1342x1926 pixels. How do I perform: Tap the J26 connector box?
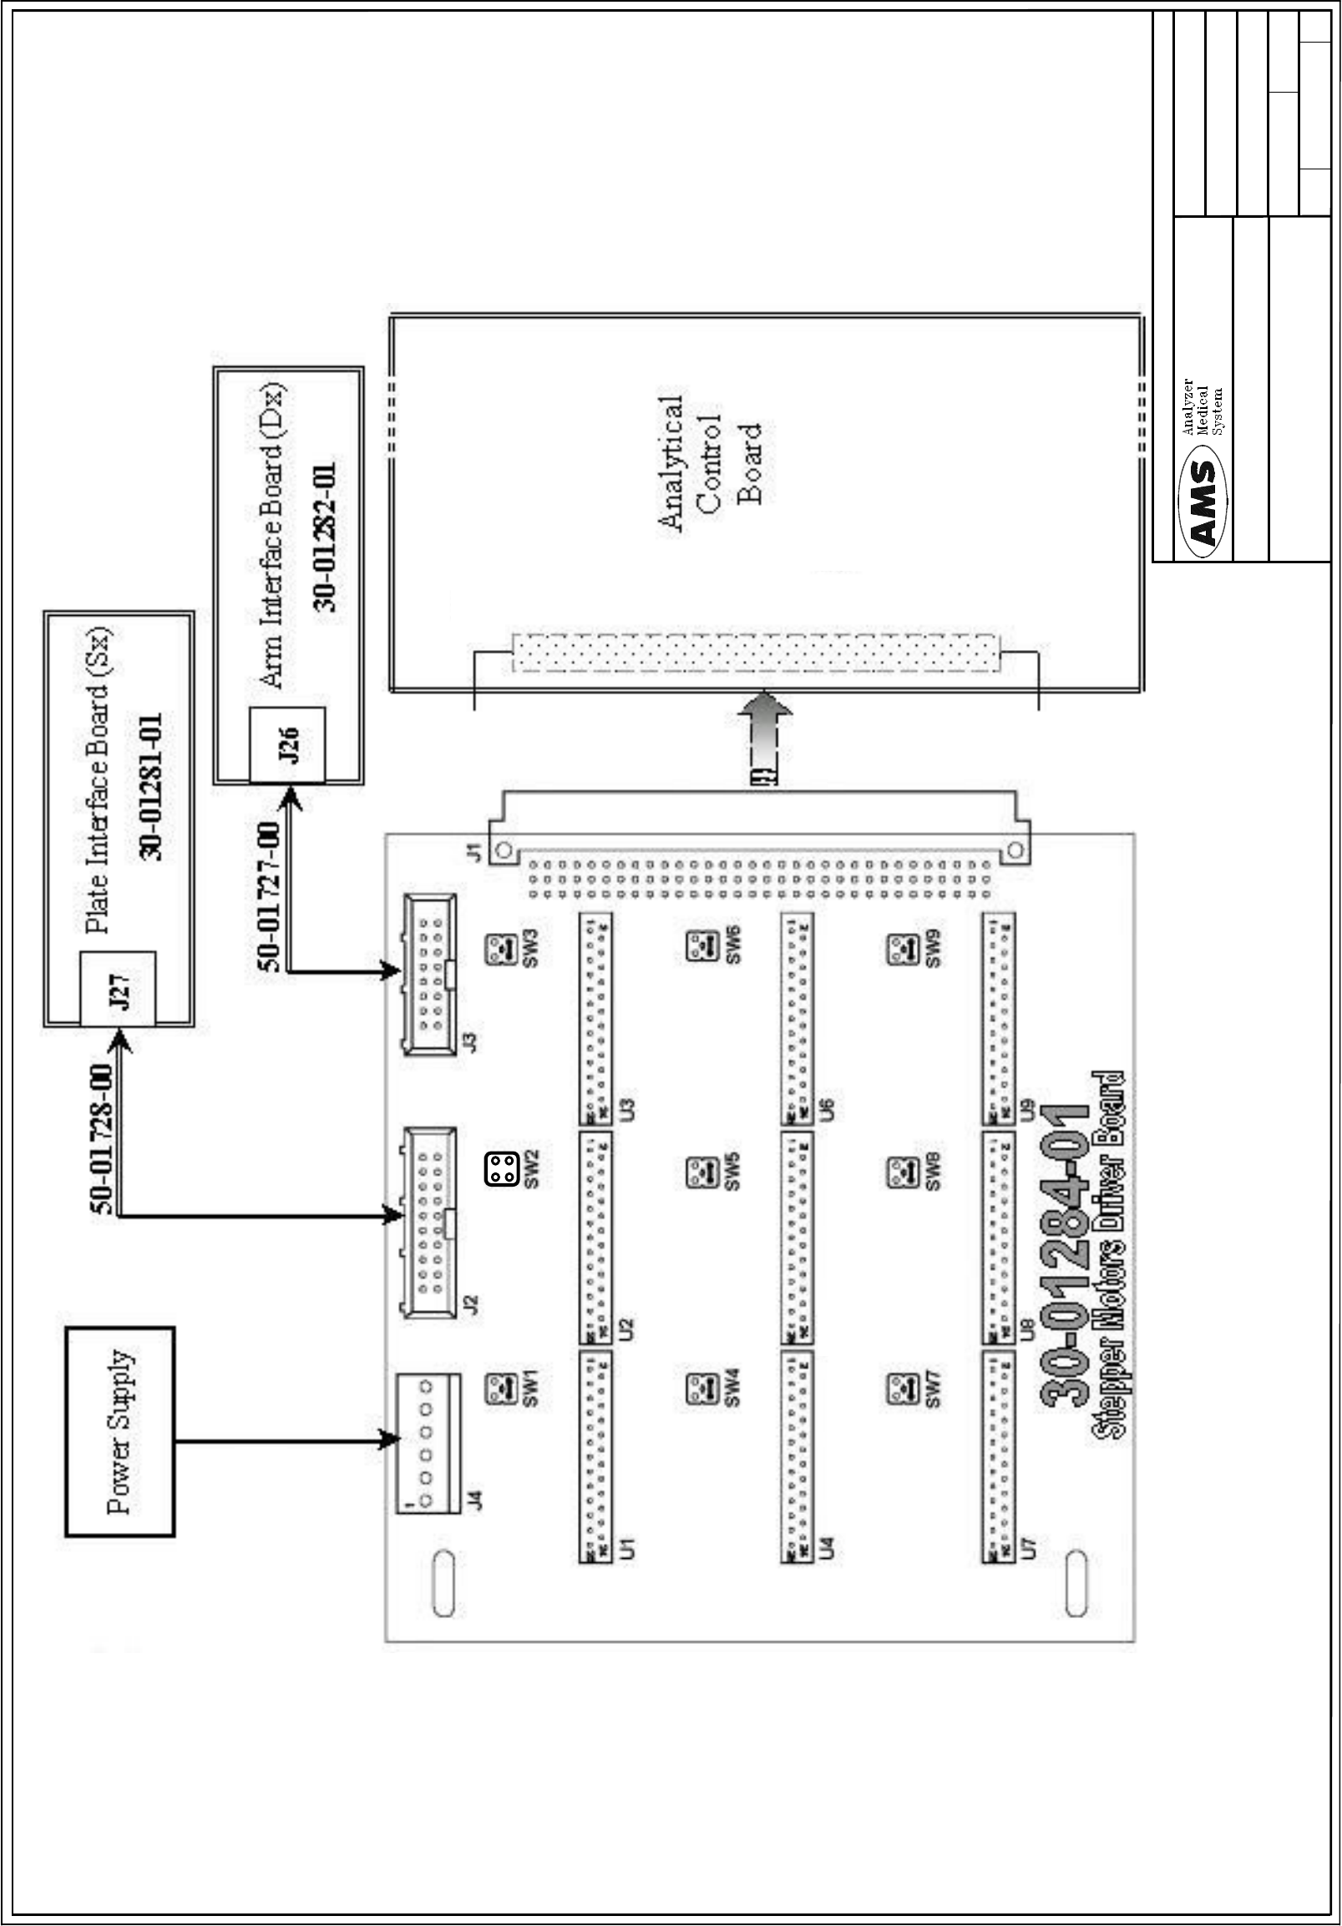point(287,744)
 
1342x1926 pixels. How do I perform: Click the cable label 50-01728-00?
point(102,1139)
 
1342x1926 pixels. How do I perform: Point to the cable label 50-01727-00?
point(271,897)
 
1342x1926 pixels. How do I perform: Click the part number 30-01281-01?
point(152,786)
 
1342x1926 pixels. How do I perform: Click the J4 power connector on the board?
point(428,1442)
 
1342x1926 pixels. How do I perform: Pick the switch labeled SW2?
point(502,1169)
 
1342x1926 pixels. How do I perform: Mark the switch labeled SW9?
point(902,950)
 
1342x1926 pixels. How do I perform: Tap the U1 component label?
point(626,1548)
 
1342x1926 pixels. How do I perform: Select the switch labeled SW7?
point(902,1390)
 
